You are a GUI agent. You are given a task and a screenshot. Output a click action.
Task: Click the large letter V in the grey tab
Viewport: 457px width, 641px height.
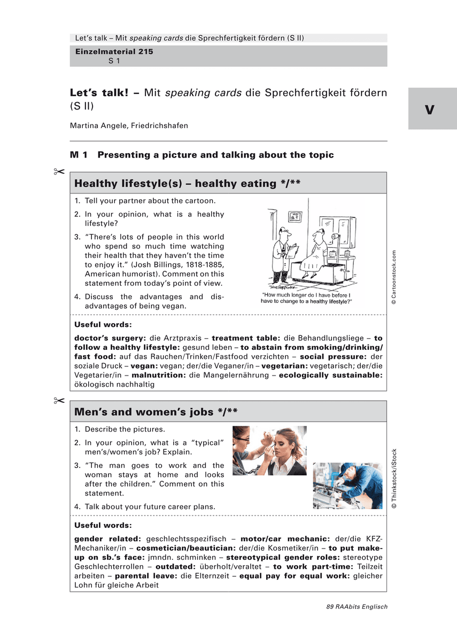pos(430,110)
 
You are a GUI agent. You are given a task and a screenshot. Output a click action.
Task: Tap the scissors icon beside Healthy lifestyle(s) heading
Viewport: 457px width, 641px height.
pos(59,171)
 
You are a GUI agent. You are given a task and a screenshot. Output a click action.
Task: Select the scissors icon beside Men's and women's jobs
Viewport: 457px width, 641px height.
pos(59,401)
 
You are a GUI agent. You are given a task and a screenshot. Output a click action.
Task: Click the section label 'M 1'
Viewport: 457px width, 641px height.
pos(79,155)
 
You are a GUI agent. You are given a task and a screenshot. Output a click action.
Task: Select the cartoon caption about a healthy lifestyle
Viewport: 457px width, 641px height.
pos(306,298)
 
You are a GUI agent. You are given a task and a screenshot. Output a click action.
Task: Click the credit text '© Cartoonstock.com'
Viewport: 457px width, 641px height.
pos(394,277)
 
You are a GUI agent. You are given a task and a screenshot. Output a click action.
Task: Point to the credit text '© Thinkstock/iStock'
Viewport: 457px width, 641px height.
pos(394,479)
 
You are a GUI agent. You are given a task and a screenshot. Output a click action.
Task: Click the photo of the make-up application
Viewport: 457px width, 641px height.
pos(269,450)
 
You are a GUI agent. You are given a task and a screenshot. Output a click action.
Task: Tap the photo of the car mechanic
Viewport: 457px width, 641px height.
pos(347,485)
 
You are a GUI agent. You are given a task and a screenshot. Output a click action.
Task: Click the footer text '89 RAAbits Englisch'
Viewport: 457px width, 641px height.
pos(357,606)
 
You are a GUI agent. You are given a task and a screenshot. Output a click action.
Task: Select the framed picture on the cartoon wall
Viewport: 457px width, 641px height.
pos(295,216)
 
